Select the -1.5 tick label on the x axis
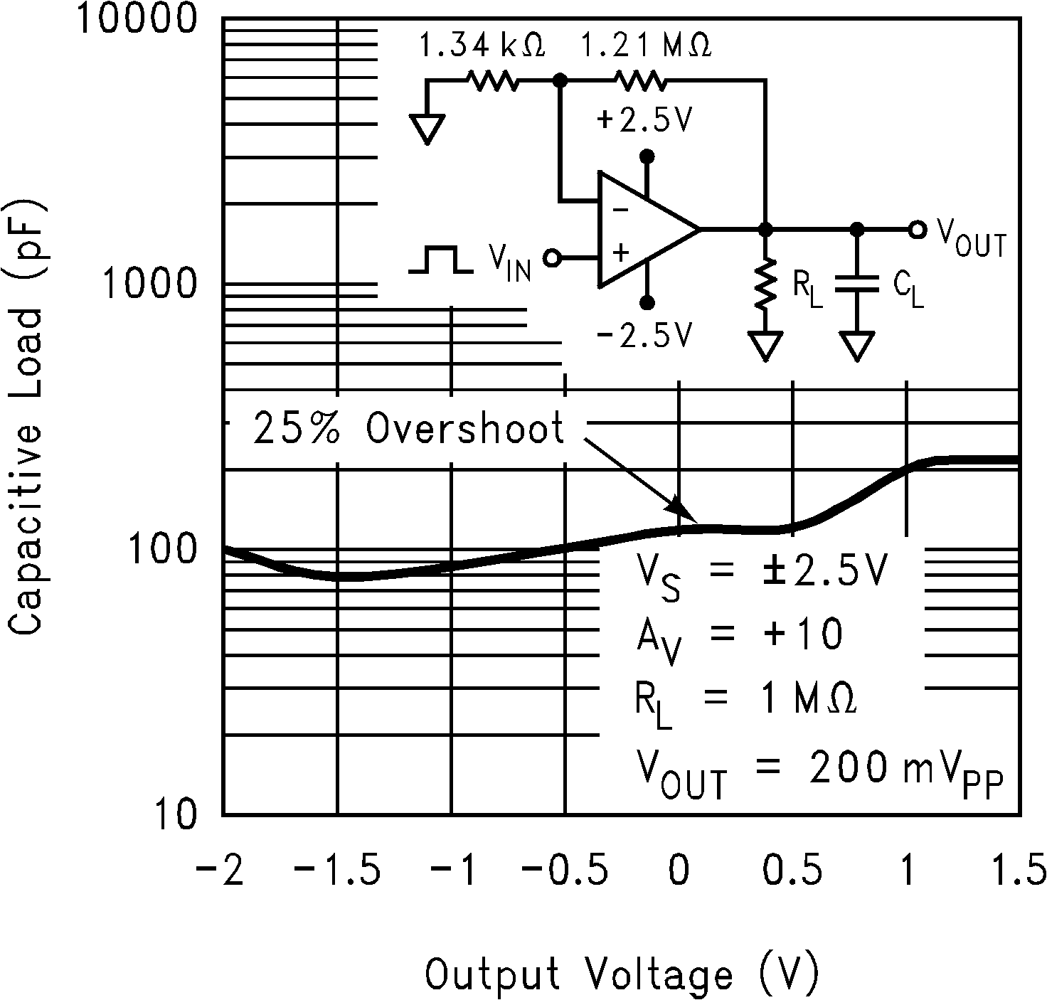(337, 872)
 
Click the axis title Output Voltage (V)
(622, 974)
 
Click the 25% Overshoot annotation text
(408, 429)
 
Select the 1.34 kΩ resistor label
(482, 47)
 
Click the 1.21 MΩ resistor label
(646, 47)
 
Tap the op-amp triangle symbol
(640, 230)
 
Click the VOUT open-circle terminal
(918, 230)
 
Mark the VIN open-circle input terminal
(551, 257)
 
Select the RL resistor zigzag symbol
(765, 284)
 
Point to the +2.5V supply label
(644, 121)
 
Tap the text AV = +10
(740, 634)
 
